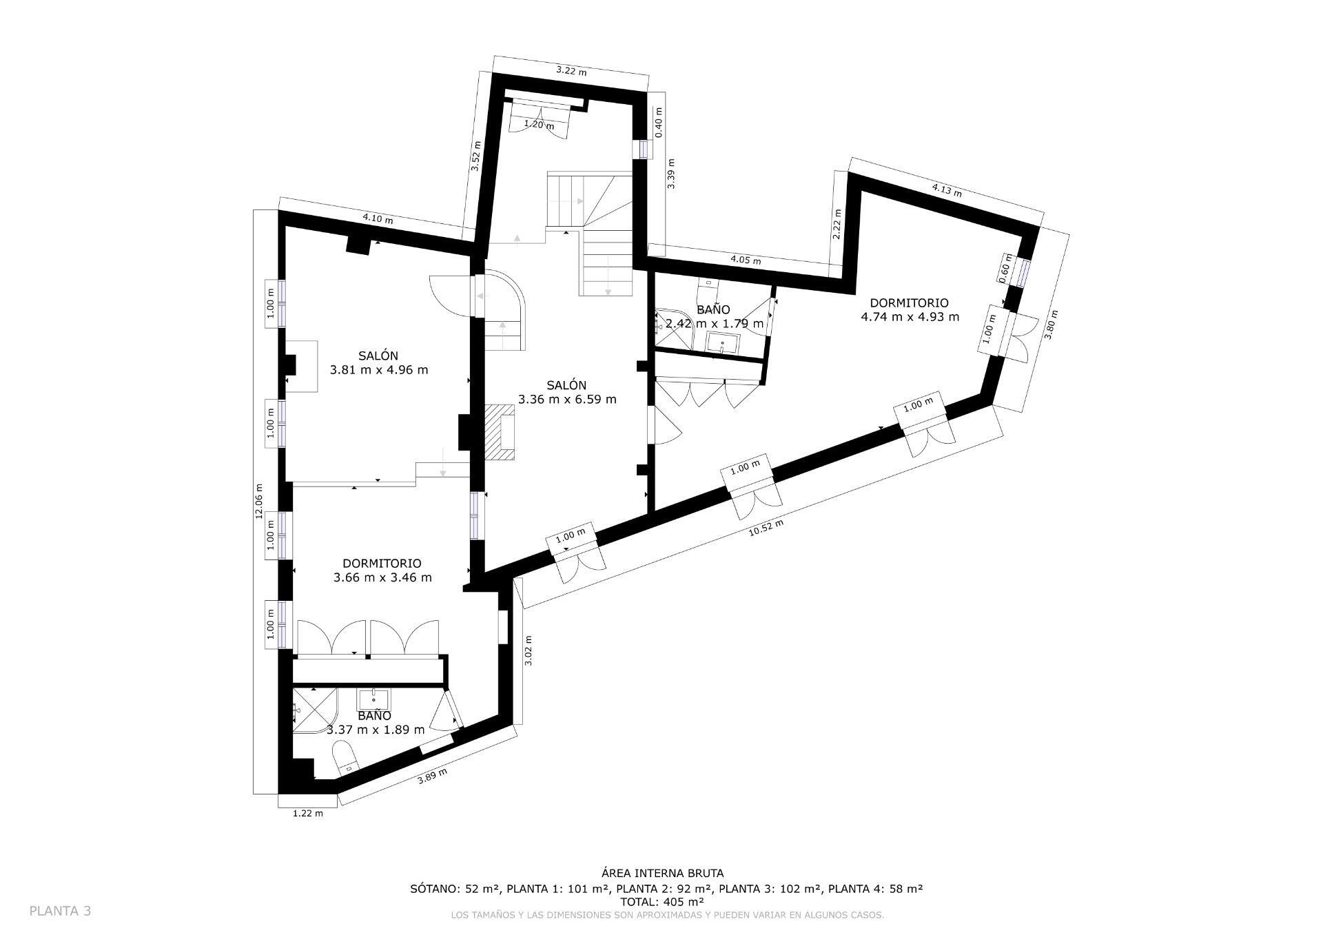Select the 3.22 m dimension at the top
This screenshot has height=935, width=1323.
(571, 71)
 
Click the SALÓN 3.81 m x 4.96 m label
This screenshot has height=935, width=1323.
(378, 362)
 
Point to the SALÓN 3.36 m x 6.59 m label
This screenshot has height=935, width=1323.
(566, 392)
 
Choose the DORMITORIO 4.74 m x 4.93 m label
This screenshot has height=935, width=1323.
(909, 310)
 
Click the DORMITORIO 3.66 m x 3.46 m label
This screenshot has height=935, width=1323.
(382, 571)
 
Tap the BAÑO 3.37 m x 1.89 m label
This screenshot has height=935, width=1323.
(375, 723)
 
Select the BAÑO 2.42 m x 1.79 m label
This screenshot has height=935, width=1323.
(714, 316)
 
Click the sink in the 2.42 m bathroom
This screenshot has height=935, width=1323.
(723, 342)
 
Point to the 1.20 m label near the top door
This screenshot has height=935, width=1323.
(539, 125)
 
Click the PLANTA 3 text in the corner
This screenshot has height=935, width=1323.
(60, 911)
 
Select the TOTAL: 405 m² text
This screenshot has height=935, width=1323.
(661, 901)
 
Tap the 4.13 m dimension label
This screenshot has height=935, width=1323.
(946, 190)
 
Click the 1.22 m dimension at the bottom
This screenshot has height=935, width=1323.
(307, 813)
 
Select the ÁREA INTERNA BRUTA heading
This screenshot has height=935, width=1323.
(661, 874)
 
